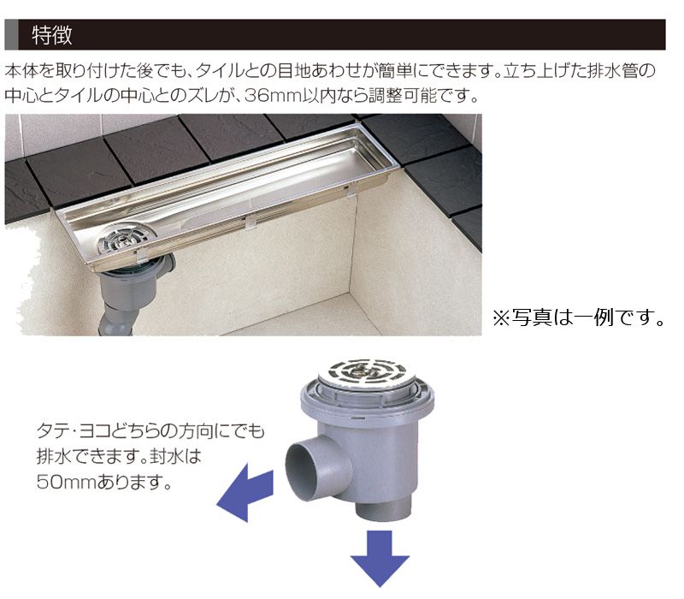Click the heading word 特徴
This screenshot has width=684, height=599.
52,35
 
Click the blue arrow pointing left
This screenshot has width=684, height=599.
245,493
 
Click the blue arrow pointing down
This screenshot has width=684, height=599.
380,559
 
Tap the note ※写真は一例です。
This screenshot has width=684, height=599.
579,317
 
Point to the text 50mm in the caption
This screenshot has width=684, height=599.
67,482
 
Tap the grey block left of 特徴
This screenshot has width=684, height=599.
11,34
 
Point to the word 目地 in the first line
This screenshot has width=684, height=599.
294,70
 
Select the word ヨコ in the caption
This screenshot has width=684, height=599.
95,431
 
